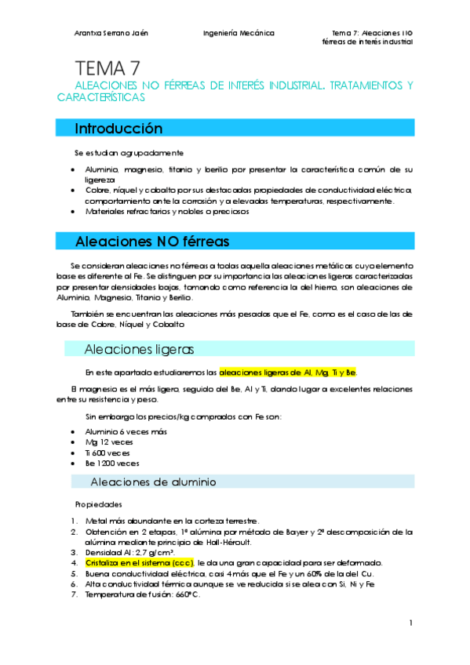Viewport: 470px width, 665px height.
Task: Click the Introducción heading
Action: pyautogui.click(x=118, y=128)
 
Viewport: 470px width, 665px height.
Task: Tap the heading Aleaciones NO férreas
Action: pyautogui.click(x=152, y=241)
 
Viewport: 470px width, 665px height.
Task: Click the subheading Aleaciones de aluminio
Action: pyautogui.click(x=154, y=481)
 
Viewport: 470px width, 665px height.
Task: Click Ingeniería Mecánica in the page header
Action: pyautogui.click(x=239, y=33)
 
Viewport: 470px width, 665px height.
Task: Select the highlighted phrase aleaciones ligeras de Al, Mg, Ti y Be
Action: pyautogui.click(x=287, y=372)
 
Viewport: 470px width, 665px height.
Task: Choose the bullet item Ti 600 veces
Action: pyautogui.click(x=107, y=452)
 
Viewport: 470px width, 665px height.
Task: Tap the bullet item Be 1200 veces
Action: pyautogui.click(x=111, y=463)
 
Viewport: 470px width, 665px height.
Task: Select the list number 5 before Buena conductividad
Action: pyautogui.click(x=73, y=573)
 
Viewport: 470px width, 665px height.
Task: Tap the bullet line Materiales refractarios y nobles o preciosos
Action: pyautogui.click(x=167, y=211)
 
